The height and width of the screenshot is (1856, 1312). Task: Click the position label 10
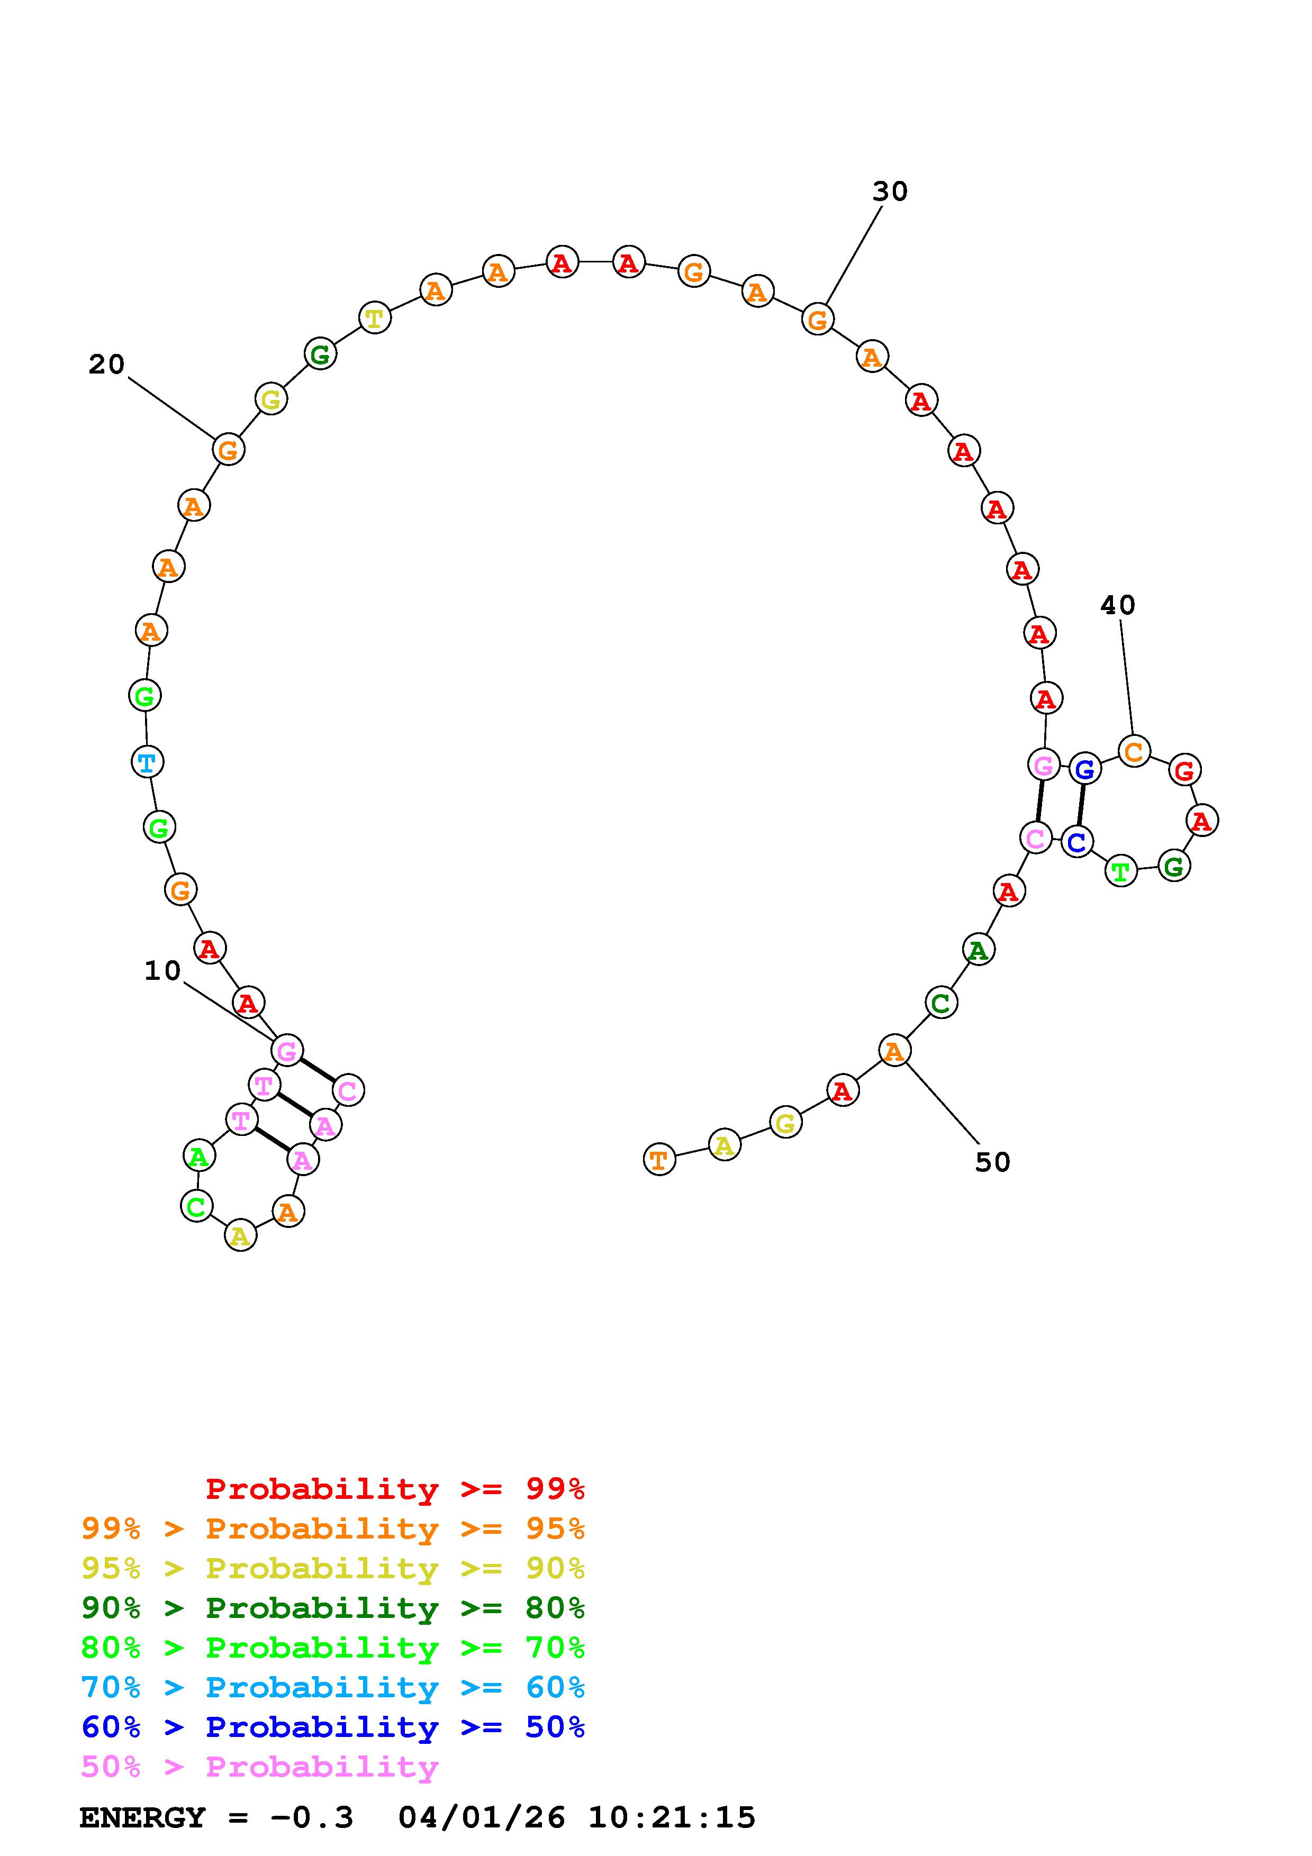(x=162, y=971)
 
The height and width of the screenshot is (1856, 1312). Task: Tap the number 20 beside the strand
(x=107, y=365)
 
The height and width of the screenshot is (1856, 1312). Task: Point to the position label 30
(x=890, y=192)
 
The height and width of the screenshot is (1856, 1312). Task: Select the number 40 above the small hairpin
(x=1118, y=605)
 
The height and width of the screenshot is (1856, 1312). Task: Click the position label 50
(x=993, y=1162)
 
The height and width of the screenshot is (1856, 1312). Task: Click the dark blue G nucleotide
(x=1085, y=769)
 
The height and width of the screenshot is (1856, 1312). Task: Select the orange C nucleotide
(x=1134, y=751)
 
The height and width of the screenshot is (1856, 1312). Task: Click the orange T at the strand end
(x=659, y=1160)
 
